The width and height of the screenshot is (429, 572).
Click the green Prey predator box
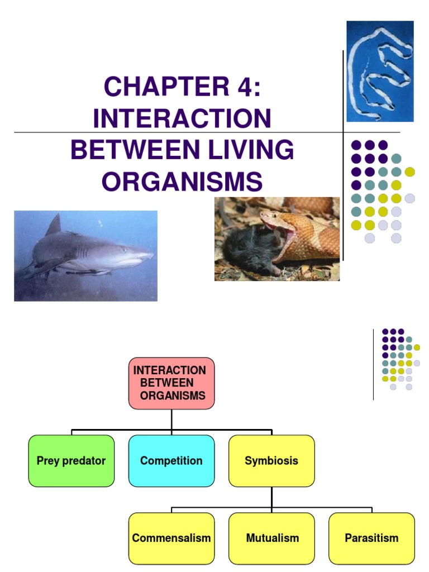(71, 461)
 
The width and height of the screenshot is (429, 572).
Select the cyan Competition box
(171, 461)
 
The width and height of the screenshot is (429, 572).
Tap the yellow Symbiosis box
(271, 461)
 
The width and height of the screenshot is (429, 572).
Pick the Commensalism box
(171, 538)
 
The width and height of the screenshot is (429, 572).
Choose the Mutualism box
(271, 538)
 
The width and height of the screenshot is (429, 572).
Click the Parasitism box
(371, 538)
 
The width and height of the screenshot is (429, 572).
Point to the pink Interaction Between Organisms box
(171, 383)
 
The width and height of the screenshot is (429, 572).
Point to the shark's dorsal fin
(54, 226)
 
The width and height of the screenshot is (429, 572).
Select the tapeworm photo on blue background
(380, 71)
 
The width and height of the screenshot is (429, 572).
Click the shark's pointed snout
(150, 255)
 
